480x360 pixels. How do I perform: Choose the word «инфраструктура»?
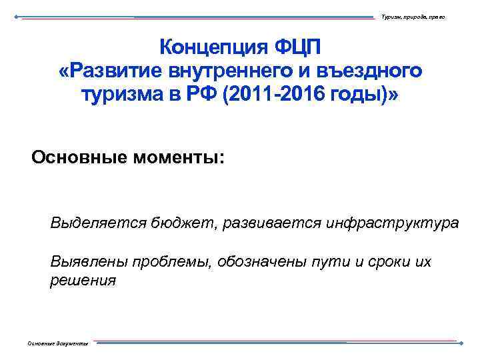tap(392, 222)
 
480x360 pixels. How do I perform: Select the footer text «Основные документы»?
tap(57, 343)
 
